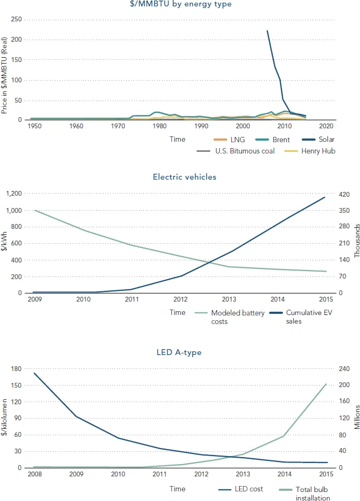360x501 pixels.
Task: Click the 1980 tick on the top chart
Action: click(159, 126)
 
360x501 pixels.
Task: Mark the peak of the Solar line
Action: click(267, 30)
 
